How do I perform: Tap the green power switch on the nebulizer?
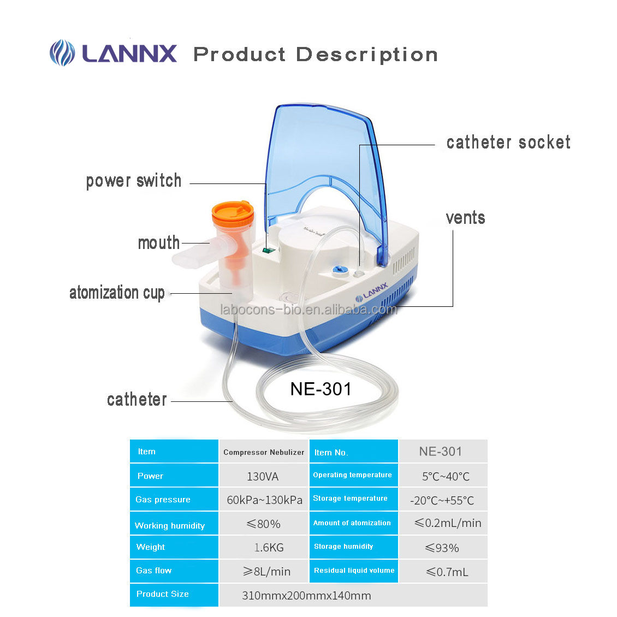pos(268,250)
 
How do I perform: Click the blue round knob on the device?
pos(339,270)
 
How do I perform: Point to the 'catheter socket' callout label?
pos(508,142)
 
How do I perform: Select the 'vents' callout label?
pos(466,218)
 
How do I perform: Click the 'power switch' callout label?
pos(134,181)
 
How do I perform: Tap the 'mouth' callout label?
pos(158,242)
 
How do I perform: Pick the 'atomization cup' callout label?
pos(117,293)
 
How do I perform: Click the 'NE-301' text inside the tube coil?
pos(321,389)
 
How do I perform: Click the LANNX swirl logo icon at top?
pos(62,53)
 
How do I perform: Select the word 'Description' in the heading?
pos(367,55)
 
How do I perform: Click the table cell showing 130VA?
pos(263,476)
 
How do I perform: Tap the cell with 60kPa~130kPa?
pos(264,500)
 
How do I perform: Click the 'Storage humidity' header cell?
pos(354,547)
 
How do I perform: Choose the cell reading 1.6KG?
pos(269,547)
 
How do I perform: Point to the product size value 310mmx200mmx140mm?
pos(306,595)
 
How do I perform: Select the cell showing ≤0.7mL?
pos(447,572)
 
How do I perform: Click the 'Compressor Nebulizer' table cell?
pos(264,452)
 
